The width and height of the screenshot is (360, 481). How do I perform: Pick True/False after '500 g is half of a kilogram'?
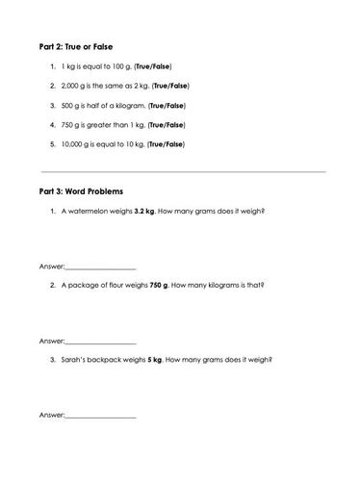(x=167, y=105)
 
